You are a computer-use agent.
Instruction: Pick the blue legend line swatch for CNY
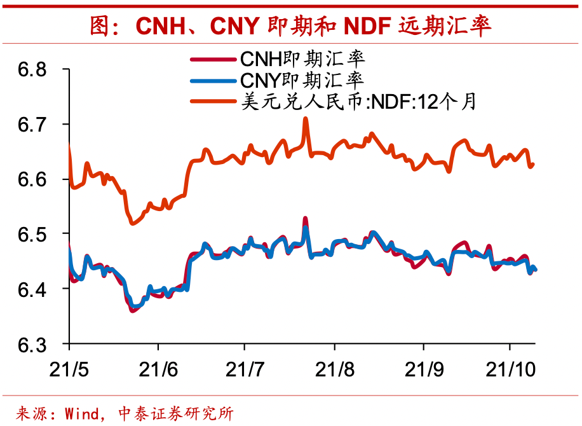213,81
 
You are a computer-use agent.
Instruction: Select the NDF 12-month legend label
356,101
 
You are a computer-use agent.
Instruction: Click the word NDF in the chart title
367,26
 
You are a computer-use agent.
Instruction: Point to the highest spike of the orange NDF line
306,119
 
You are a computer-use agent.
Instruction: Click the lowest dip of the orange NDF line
132,223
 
